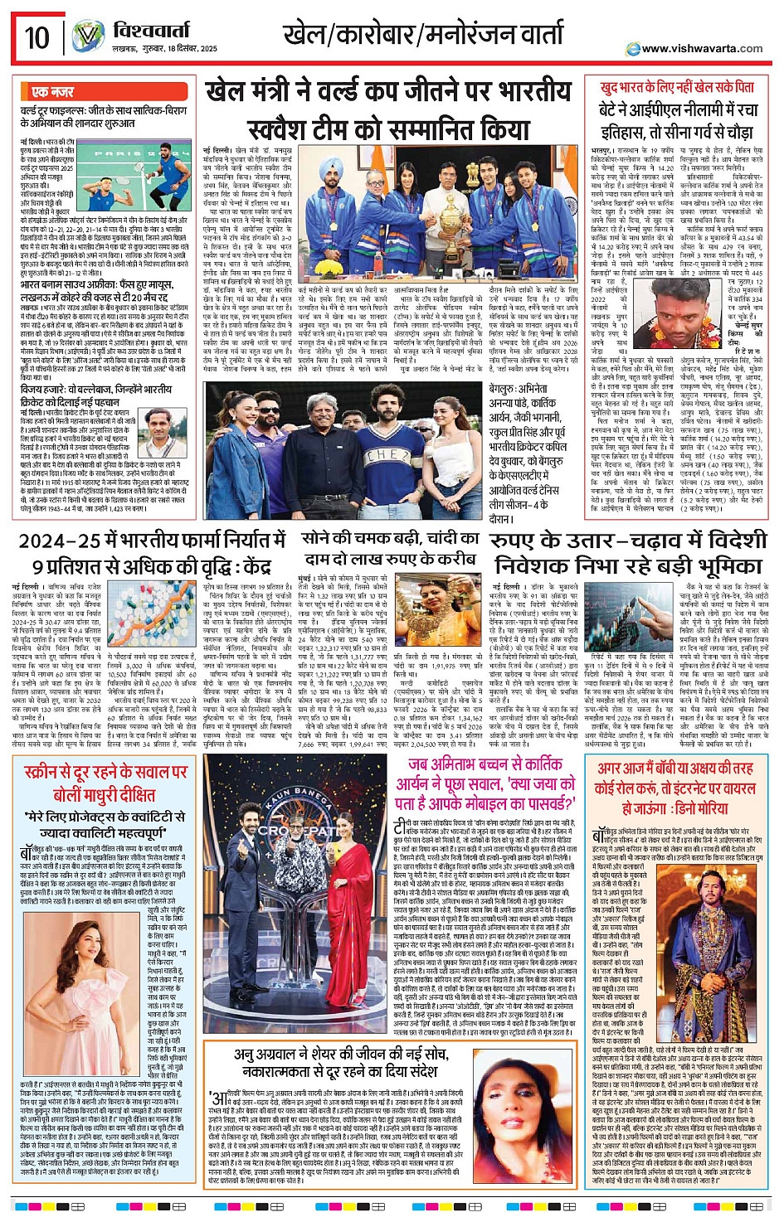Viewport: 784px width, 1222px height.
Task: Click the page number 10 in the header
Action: [37, 38]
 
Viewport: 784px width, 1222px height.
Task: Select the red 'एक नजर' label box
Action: [53, 91]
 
